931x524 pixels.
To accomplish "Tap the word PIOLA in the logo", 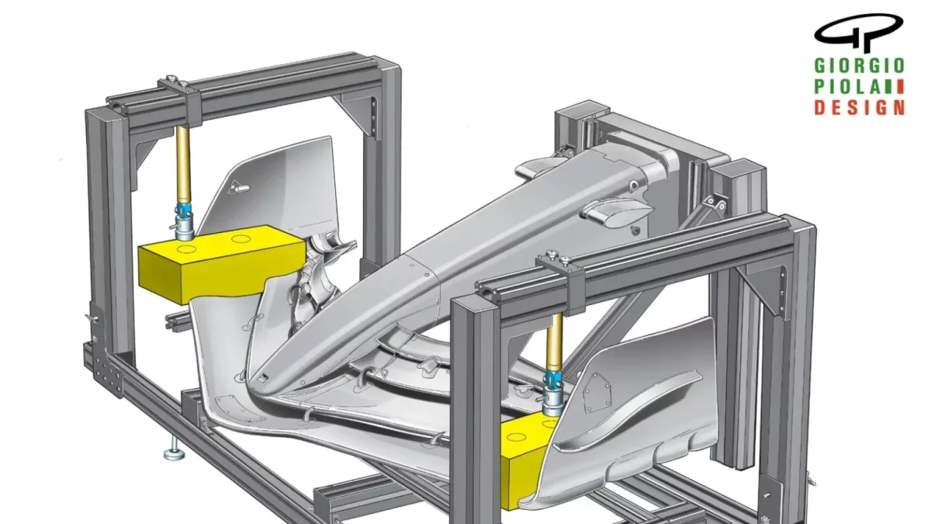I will [847, 86].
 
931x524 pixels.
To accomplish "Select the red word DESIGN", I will [860, 107].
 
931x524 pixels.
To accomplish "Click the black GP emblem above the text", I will [858, 33].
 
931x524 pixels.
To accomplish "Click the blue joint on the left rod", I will [183, 211].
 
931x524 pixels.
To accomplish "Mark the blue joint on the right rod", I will [553, 380].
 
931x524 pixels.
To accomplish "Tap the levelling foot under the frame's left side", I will [173, 453].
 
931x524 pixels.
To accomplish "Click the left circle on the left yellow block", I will [186, 249].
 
